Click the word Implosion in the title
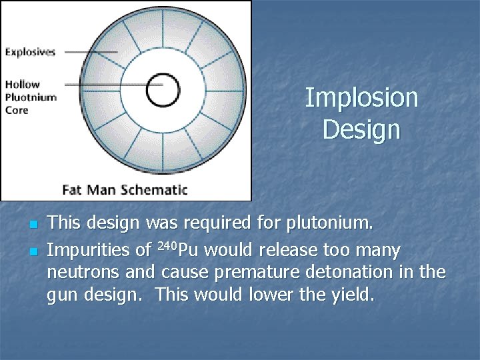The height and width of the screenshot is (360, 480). tap(361, 99)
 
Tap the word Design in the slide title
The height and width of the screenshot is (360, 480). tap(361, 129)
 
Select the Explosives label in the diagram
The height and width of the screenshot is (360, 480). tap(31, 51)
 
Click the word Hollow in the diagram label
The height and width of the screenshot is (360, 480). tap(23, 84)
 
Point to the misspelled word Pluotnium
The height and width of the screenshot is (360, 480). tap(31, 97)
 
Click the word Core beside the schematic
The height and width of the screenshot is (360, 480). tap(17, 109)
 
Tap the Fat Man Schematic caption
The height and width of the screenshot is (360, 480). tap(125, 189)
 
